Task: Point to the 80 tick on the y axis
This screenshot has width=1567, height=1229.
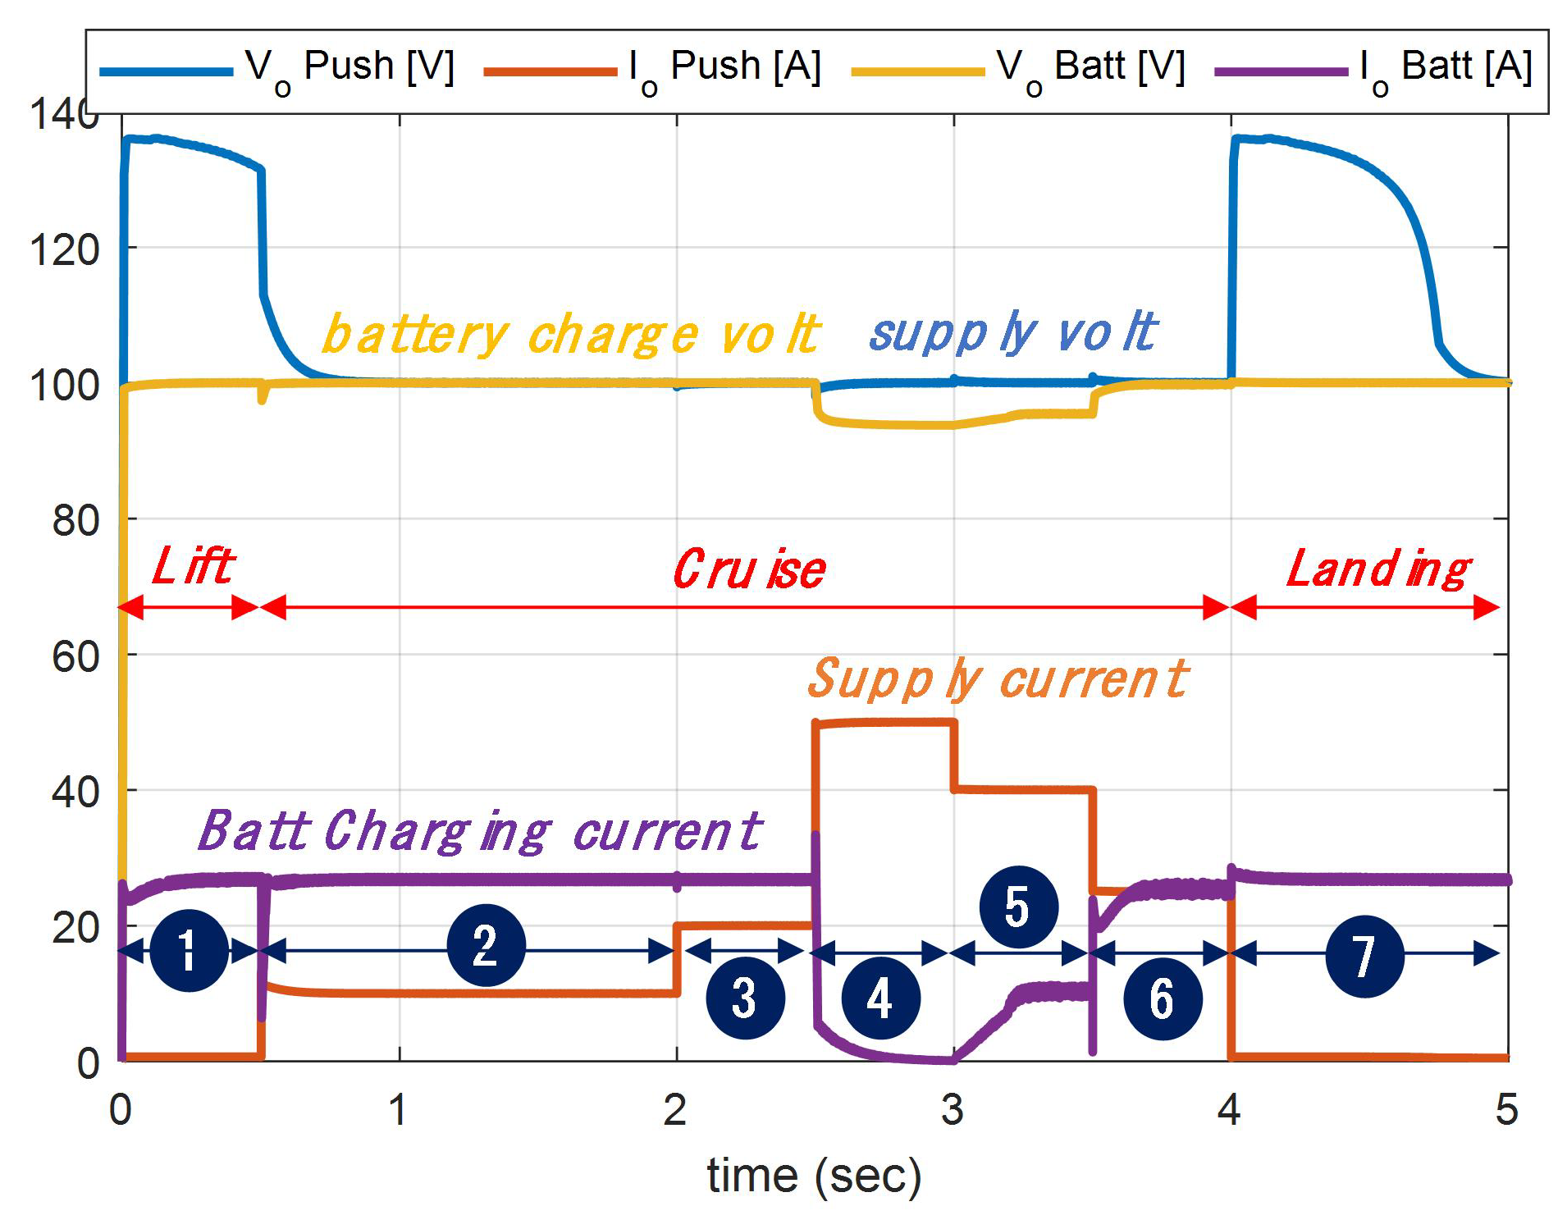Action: point(75,520)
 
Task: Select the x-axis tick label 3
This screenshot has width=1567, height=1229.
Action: point(953,1109)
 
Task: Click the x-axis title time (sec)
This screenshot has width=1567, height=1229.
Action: point(814,1176)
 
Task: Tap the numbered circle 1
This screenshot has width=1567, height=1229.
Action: point(190,951)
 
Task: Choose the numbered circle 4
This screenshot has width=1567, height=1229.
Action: point(880,998)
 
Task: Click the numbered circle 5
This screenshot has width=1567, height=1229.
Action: point(1018,907)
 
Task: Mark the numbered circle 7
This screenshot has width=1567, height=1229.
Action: point(1364,956)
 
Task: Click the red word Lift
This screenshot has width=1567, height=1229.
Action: point(194,566)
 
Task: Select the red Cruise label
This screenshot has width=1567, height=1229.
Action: point(748,569)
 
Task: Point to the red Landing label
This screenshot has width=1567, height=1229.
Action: point(1378,569)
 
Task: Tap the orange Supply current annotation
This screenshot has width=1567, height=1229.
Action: point(998,679)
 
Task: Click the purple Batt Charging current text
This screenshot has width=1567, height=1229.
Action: point(480,830)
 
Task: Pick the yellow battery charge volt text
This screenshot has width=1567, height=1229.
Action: point(570,335)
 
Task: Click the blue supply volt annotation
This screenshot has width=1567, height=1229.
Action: point(1013,333)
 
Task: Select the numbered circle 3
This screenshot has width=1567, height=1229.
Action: point(745,998)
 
